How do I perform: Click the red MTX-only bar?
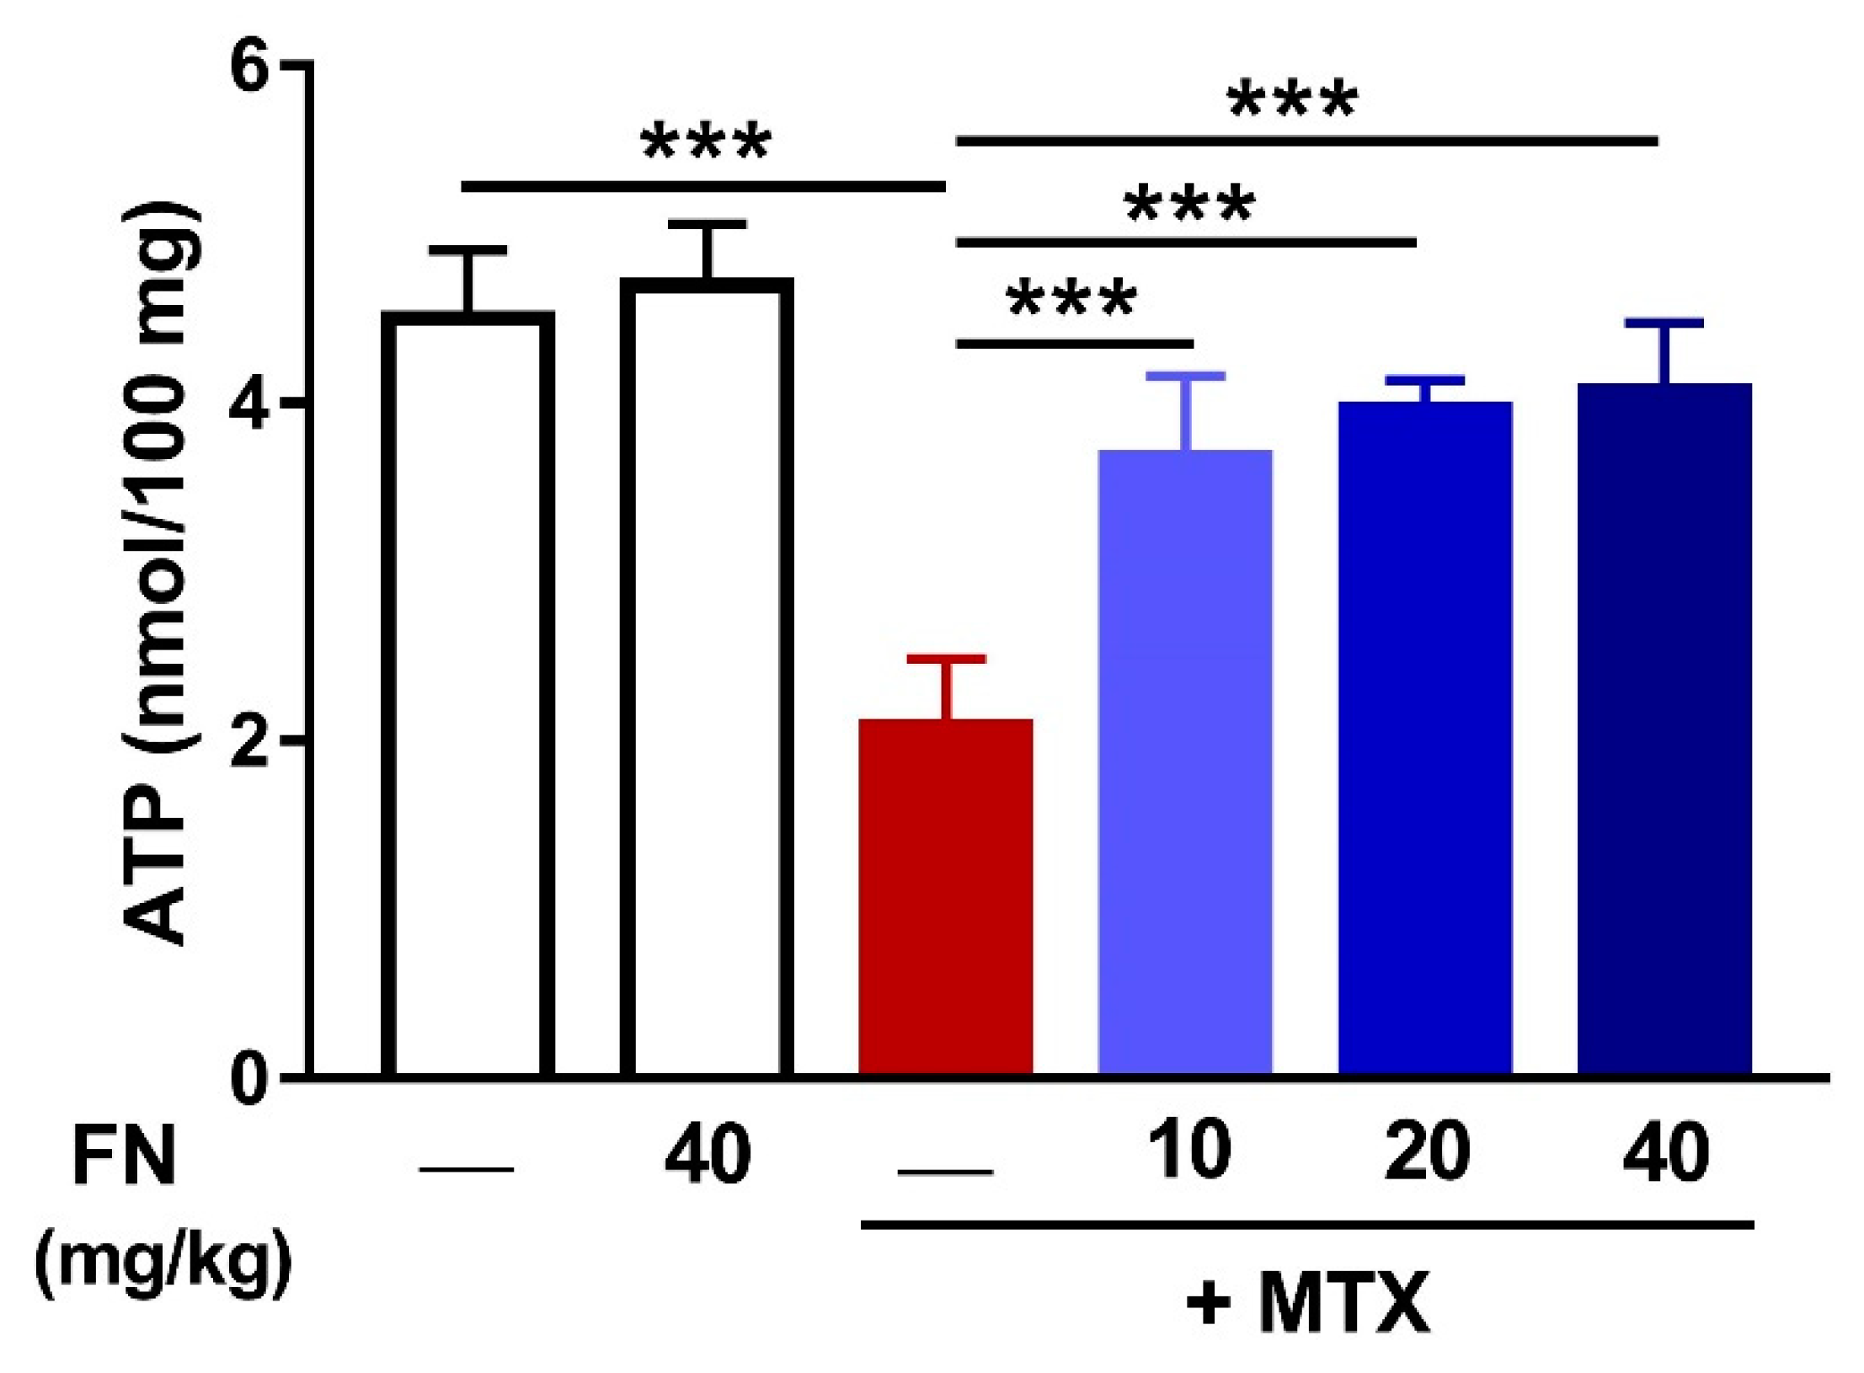pyautogui.click(x=945, y=897)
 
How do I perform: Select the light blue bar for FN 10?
pyautogui.click(x=1185, y=762)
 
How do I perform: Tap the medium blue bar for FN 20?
pyautogui.click(x=1425, y=738)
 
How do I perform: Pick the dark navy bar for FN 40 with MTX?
pyautogui.click(x=1664, y=729)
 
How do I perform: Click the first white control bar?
pyautogui.click(x=467, y=695)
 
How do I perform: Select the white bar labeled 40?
pyautogui.click(x=707, y=678)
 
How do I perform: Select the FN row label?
pyautogui.click(x=124, y=1157)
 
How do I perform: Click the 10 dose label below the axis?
pyautogui.click(x=1188, y=1152)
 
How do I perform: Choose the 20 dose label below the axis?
pyautogui.click(x=1427, y=1152)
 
